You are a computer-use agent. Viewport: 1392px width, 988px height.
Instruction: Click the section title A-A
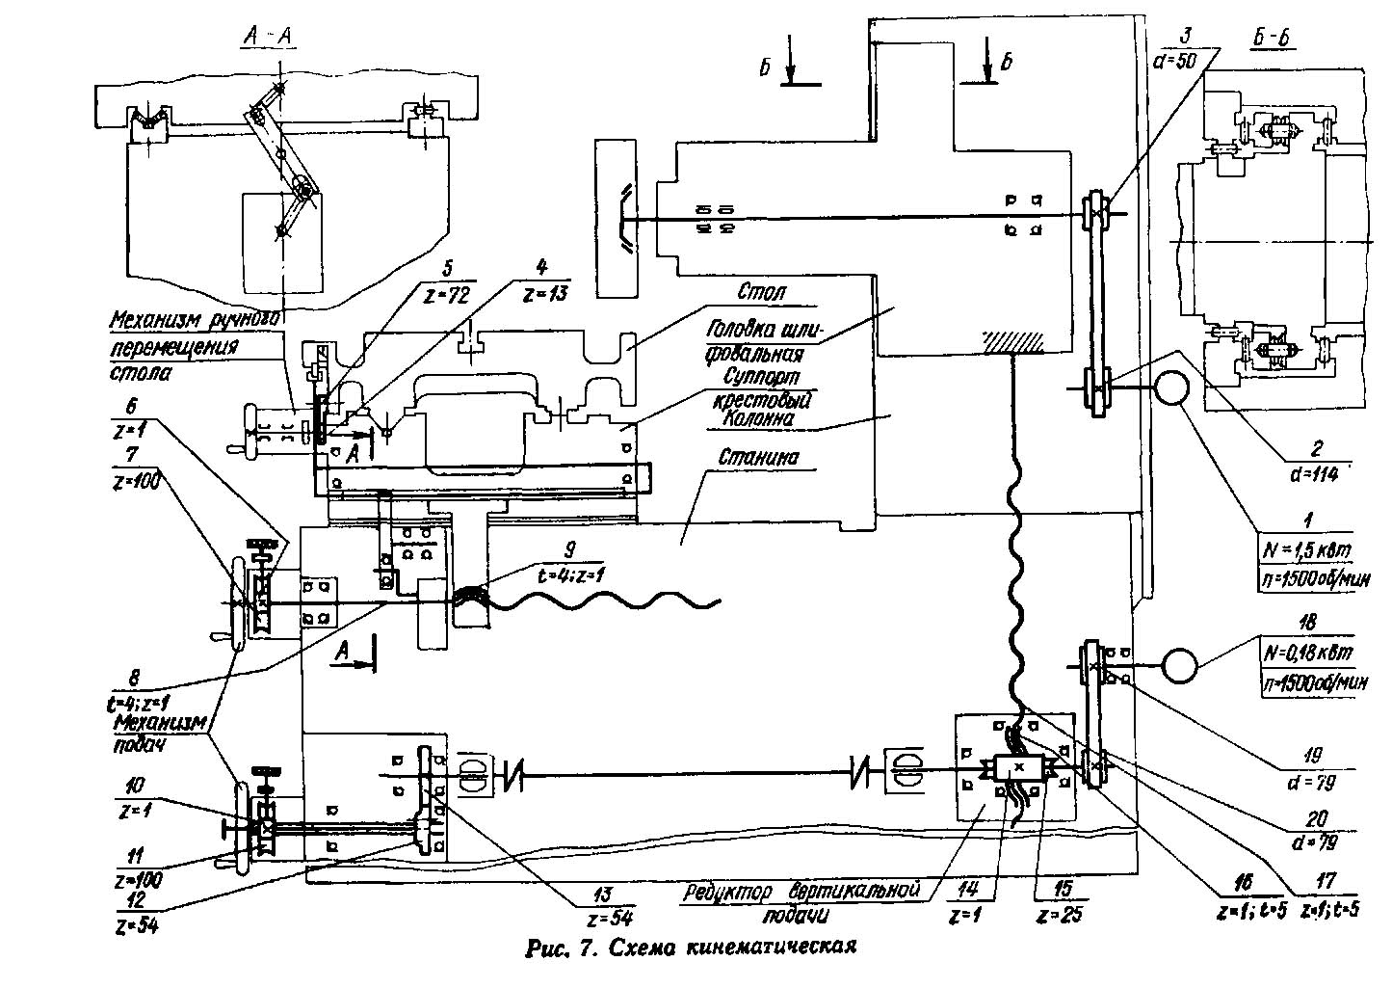click(x=267, y=37)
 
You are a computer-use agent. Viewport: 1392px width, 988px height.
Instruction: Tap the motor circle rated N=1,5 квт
click(x=1170, y=388)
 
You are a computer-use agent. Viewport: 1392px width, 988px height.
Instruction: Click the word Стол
click(x=757, y=290)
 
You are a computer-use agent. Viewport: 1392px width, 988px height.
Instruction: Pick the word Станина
click(x=759, y=458)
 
